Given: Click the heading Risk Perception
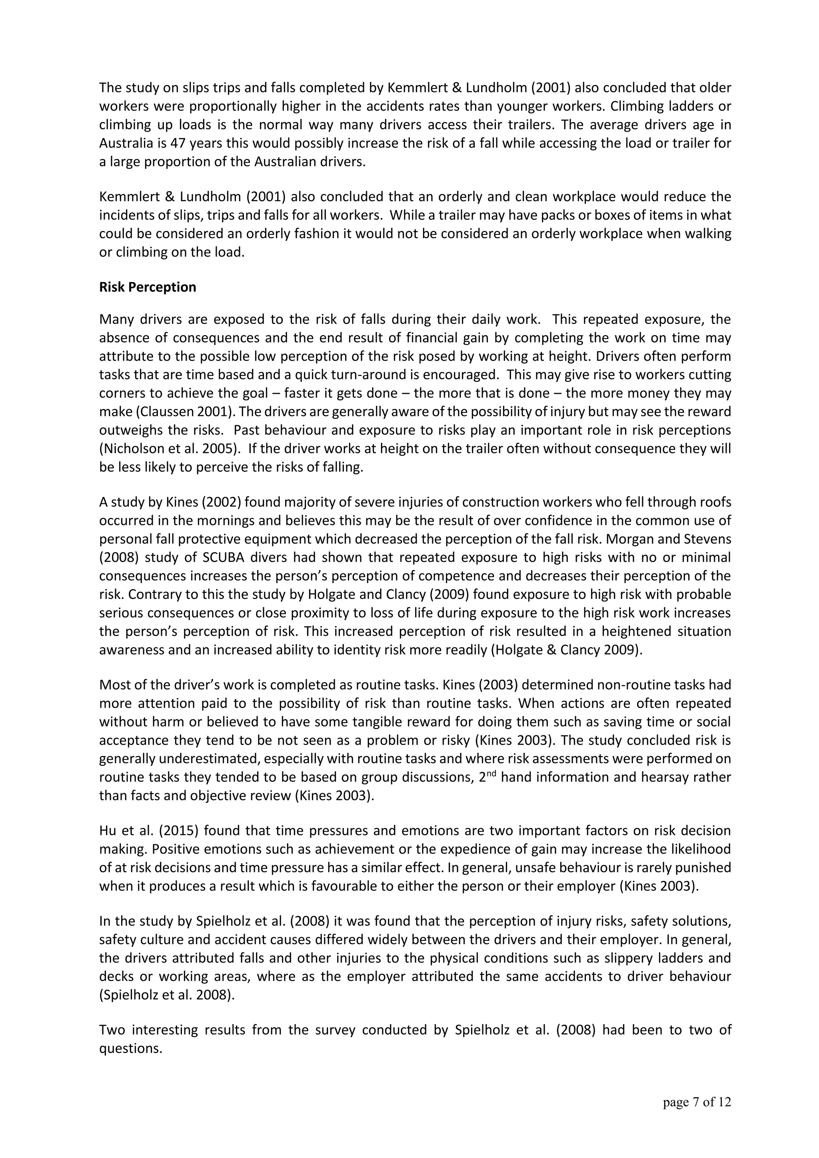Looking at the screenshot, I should pos(147,287).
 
